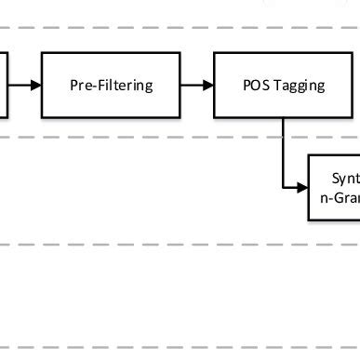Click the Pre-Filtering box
click(x=111, y=86)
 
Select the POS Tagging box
click(x=282, y=86)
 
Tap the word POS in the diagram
click(x=254, y=86)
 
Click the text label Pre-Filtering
click(x=111, y=86)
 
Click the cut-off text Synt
click(x=345, y=178)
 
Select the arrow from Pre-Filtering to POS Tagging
click(x=196, y=86)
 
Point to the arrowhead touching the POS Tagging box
click(x=207, y=86)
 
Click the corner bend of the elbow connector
click(x=282, y=187)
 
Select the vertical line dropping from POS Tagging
click(x=282, y=153)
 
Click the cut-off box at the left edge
click(x=4, y=86)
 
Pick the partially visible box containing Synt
click(x=335, y=187)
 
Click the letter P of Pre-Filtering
click(x=74, y=86)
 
